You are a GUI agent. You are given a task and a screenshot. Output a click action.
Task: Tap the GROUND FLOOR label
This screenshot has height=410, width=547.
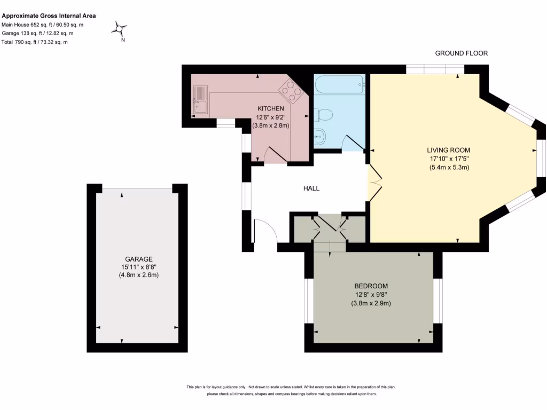coord(461,53)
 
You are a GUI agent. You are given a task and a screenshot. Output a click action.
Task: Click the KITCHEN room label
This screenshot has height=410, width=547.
coord(271,108)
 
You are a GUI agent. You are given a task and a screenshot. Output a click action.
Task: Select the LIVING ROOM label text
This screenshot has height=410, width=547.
coord(448,150)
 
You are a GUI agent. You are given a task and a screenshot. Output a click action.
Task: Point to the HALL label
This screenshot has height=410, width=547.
coord(311,188)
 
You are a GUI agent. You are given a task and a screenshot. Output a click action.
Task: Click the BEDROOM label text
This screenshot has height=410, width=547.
coord(371,286)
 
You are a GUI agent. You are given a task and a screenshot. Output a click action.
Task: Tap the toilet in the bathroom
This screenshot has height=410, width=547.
coord(324,114)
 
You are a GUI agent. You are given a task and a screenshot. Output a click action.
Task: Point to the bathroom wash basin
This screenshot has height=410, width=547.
coord(321,137)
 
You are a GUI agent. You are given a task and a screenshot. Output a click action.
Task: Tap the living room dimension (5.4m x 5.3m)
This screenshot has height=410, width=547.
coord(448,167)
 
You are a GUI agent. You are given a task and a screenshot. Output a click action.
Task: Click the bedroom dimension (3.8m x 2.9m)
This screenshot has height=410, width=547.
coord(371,303)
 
